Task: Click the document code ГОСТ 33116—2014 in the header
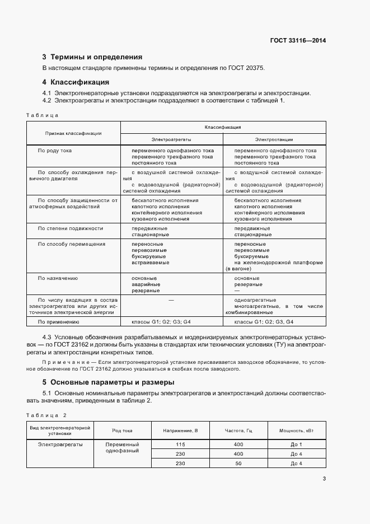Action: pos(298,41)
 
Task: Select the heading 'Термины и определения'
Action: pos(96,57)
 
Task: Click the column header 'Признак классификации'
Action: pos(73,133)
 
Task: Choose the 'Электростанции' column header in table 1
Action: pos(274,139)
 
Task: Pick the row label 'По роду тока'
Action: pos(54,151)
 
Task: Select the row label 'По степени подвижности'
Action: pos(70,228)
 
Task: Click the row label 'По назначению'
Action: pos(57,278)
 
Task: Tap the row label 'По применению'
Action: pos(58,322)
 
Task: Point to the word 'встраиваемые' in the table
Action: pos(150,263)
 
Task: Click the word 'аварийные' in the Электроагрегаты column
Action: pos(146,284)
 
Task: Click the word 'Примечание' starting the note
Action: pos(62,363)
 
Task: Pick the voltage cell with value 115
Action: pos(180,444)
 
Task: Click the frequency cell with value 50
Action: pos(238,464)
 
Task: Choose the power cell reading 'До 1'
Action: pos(296,444)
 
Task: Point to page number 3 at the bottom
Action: pos(324,478)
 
